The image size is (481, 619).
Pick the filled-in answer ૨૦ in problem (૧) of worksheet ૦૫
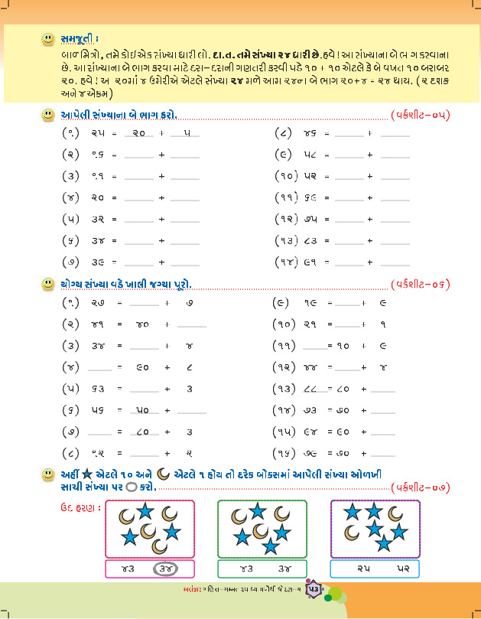[138, 132]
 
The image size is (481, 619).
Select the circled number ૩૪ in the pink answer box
[167, 569]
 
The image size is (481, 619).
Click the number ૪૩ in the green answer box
[242, 569]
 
